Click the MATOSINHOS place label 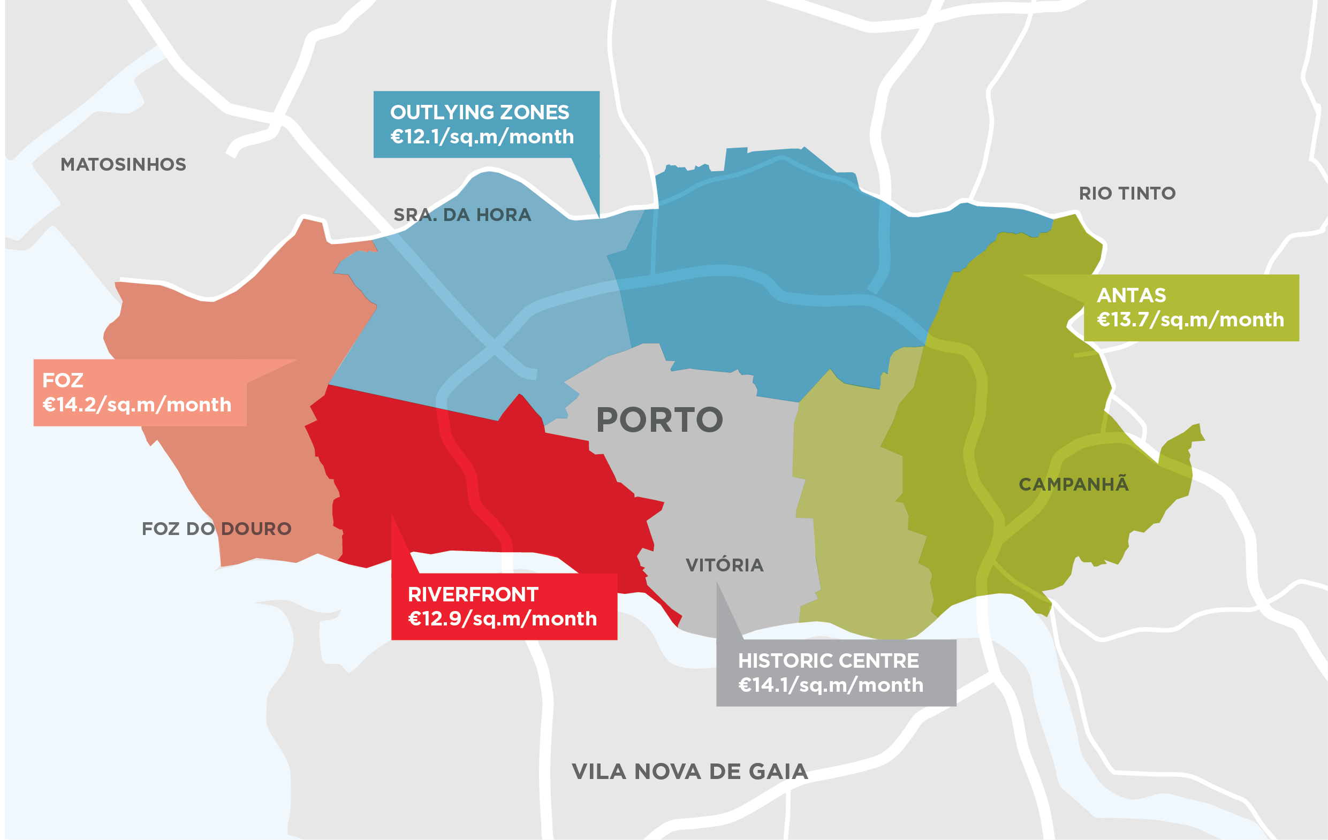pyautogui.click(x=123, y=164)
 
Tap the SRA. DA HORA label pyautogui.click(x=462, y=215)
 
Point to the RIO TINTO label pyautogui.click(x=1127, y=194)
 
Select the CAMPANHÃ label pyautogui.click(x=1073, y=484)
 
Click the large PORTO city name pyautogui.click(x=659, y=420)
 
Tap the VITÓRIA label pyautogui.click(x=724, y=565)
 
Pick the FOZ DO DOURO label pyautogui.click(x=217, y=529)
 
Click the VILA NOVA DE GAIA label pyautogui.click(x=689, y=771)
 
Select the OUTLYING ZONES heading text pyautogui.click(x=479, y=112)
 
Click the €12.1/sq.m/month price pyautogui.click(x=482, y=136)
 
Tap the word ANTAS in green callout pyautogui.click(x=1131, y=295)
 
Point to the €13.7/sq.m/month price pyautogui.click(x=1190, y=320)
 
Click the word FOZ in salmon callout pyautogui.click(x=63, y=380)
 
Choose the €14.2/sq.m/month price pyautogui.click(x=137, y=404)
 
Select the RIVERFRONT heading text pyautogui.click(x=473, y=594)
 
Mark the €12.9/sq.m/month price pyautogui.click(x=502, y=618)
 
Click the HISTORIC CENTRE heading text pyautogui.click(x=829, y=660)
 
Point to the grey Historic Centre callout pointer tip pyautogui.click(x=717, y=583)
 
